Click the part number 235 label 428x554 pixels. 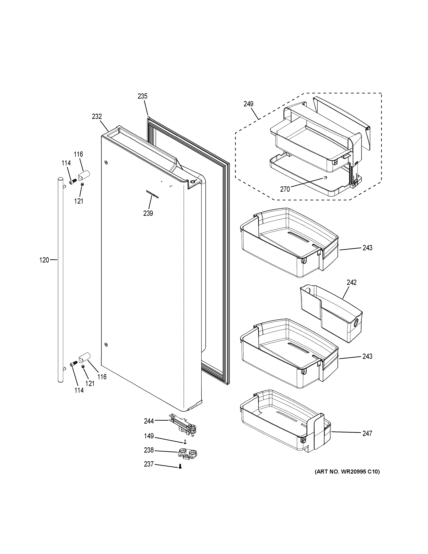142,96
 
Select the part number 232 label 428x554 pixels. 97,116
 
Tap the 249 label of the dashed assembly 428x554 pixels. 248,104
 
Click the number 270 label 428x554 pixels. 285,189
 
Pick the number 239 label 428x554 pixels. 148,213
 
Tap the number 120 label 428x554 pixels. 44,260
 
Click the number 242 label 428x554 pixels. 351,282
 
